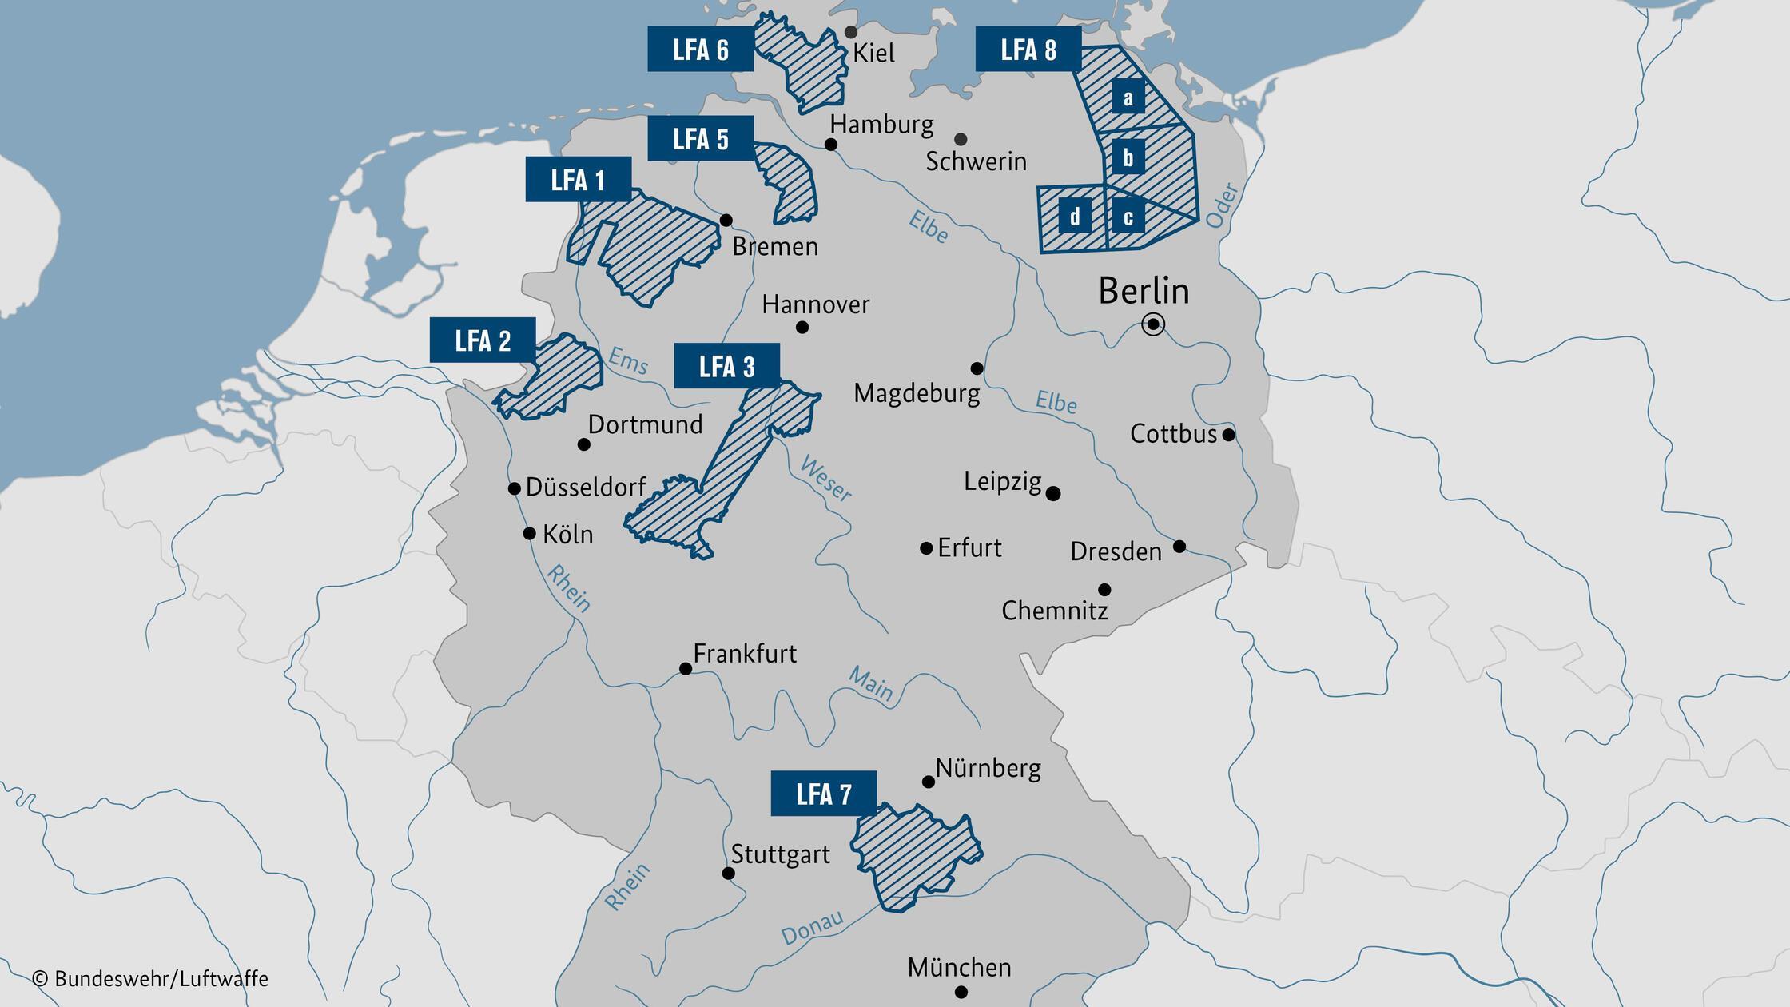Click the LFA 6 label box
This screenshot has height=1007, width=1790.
click(x=700, y=49)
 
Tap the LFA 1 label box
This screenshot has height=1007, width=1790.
click(x=578, y=179)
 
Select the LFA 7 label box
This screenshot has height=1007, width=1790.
click(x=823, y=793)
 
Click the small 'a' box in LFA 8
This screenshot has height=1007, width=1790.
click(x=1128, y=98)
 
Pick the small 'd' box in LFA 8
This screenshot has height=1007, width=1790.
click(x=1075, y=217)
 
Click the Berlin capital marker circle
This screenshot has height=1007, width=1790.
click(x=1153, y=324)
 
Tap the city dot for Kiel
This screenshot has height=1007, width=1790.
click(x=851, y=32)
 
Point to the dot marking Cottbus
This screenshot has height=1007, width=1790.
click(x=1229, y=435)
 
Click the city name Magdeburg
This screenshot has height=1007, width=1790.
click(x=917, y=393)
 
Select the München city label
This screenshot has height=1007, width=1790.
click(x=959, y=967)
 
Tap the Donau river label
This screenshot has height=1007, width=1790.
click(x=812, y=927)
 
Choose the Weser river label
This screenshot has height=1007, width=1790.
click(x=825, y=479)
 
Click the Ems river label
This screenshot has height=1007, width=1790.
click(x=628, y=360)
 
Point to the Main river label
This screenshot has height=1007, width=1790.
click(x=870, y=683)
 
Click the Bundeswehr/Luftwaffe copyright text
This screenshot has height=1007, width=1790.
click(x=150, y=978)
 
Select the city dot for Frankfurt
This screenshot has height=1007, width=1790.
click(x=686, y=668)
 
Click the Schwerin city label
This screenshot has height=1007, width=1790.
click(x=976, y=161)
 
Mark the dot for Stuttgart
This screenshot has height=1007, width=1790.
click(x=729, y=873)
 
